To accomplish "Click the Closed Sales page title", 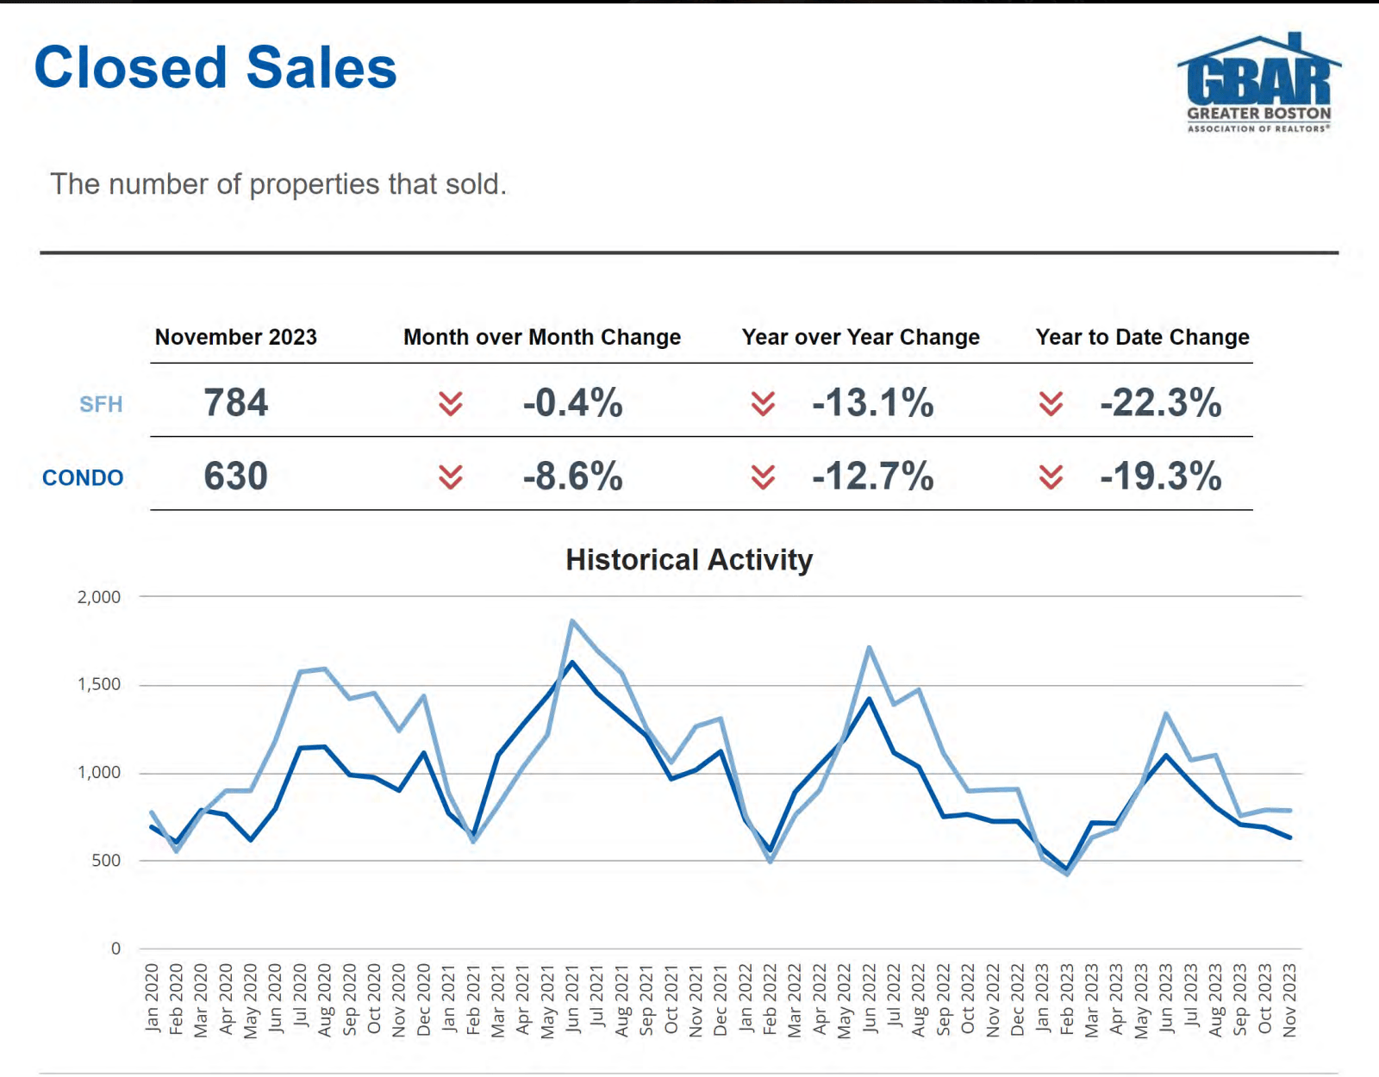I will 215,67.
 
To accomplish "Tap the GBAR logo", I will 1258,84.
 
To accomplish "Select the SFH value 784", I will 235,402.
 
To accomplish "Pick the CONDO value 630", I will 235,476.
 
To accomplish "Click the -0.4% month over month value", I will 572,402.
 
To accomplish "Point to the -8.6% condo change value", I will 572,476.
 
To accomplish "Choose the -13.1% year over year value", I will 872,402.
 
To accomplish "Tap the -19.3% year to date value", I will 1160,476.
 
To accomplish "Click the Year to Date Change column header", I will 1142,337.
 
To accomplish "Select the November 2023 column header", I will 235,337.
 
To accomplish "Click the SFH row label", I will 101,404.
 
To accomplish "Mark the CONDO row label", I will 83,477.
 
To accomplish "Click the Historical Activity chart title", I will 689,560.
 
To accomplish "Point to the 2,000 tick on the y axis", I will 99,597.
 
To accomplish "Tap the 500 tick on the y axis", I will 106,861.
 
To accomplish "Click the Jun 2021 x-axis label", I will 572,999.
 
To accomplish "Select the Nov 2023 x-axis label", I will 1289,999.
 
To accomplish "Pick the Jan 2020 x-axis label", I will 152,999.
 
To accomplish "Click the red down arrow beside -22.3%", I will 1051,403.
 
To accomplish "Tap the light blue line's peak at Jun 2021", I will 572,620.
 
